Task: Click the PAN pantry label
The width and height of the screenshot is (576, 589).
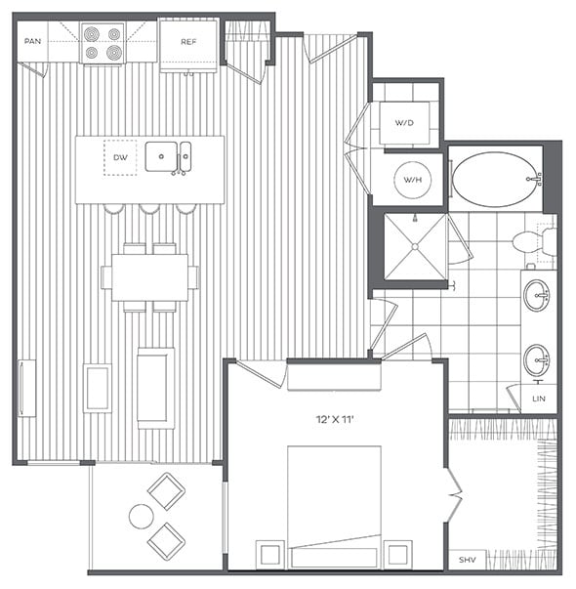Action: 33,42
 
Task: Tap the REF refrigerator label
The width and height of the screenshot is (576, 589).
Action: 188,42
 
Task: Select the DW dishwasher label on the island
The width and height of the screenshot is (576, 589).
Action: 120,156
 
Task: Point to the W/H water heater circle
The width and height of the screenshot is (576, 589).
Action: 411,180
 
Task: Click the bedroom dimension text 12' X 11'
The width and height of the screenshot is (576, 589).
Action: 334,419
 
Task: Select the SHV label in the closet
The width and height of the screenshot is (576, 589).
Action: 467,561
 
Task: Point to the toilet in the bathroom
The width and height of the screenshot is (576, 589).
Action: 533,242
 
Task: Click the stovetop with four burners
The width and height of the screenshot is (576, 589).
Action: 103,43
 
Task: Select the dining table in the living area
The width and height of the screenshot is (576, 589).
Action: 149,278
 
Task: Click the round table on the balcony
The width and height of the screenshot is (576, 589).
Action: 142,517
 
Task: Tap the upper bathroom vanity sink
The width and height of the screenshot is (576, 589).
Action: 537,295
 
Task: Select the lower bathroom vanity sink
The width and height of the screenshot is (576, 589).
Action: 537,358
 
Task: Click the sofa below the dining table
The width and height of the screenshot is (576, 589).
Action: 155,387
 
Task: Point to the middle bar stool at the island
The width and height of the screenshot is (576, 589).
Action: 148,208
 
